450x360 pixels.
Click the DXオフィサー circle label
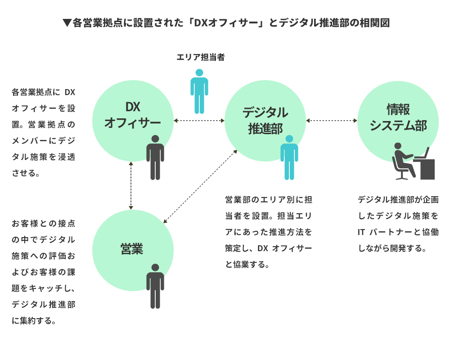coord(132,115)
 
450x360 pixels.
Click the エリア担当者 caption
coord(200,57)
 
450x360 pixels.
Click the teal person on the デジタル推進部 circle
coord(289,157)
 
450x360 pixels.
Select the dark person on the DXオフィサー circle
coord(155,157)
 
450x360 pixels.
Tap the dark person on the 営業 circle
coord(155,286)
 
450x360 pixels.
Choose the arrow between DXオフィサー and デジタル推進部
coord(199,120)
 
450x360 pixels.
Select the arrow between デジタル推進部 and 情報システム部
coord(332,120)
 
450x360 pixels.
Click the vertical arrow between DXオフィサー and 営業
coord(130,185)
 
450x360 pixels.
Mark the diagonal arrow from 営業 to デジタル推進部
coord(200,186)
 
